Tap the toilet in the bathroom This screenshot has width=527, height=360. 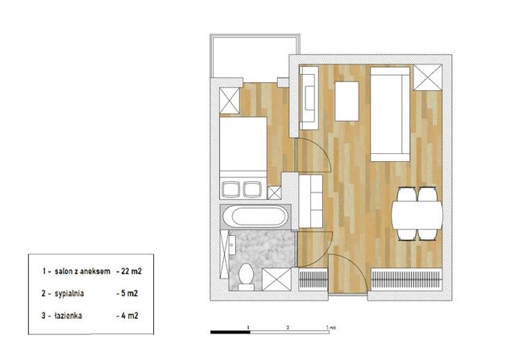246,277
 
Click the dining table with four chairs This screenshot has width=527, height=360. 417,214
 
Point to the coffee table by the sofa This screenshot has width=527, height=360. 346,101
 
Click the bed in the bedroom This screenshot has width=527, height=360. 243,158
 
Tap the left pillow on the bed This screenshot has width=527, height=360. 230,189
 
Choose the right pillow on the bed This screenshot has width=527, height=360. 252,189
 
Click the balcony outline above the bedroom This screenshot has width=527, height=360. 255,35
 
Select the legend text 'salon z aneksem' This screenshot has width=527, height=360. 82,271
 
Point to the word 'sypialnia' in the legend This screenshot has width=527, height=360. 69,293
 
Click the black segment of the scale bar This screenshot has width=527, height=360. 230,332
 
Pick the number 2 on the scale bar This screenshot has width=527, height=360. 288,327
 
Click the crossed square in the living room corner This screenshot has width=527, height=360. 427,77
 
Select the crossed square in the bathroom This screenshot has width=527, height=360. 276,279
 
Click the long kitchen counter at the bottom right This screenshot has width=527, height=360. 406,279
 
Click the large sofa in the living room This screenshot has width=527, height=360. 390,114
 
